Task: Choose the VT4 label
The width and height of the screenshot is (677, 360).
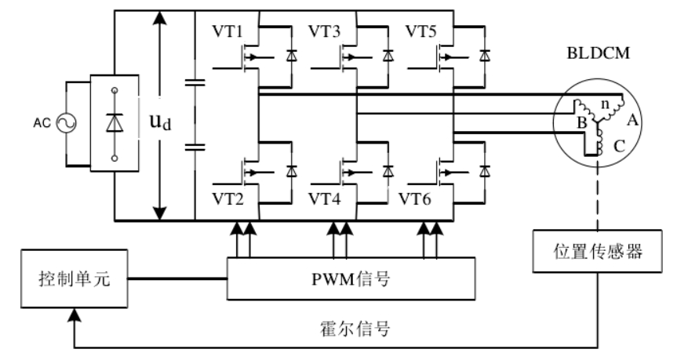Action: coord(323,196)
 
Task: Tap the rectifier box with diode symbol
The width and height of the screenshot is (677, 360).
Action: coord(115,122)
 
